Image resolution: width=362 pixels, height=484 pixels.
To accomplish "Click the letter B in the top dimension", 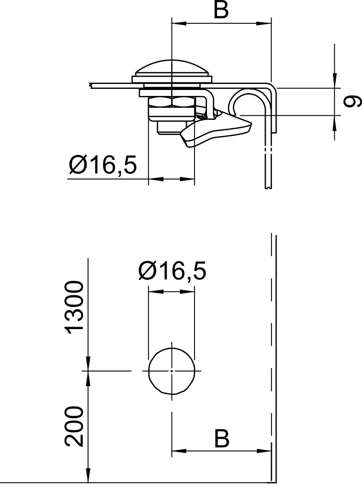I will [221, 10].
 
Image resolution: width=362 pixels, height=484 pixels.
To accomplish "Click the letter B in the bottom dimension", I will [221, 438].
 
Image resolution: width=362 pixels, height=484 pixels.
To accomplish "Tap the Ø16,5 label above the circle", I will [172, 271].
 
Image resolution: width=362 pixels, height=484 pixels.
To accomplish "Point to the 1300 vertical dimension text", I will [75, 308].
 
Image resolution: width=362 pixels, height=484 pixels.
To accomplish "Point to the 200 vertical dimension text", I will [75, 427].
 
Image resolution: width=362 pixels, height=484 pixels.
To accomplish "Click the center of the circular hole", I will [172, 370].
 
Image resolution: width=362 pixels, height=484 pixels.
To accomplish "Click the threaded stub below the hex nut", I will [168, 128].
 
